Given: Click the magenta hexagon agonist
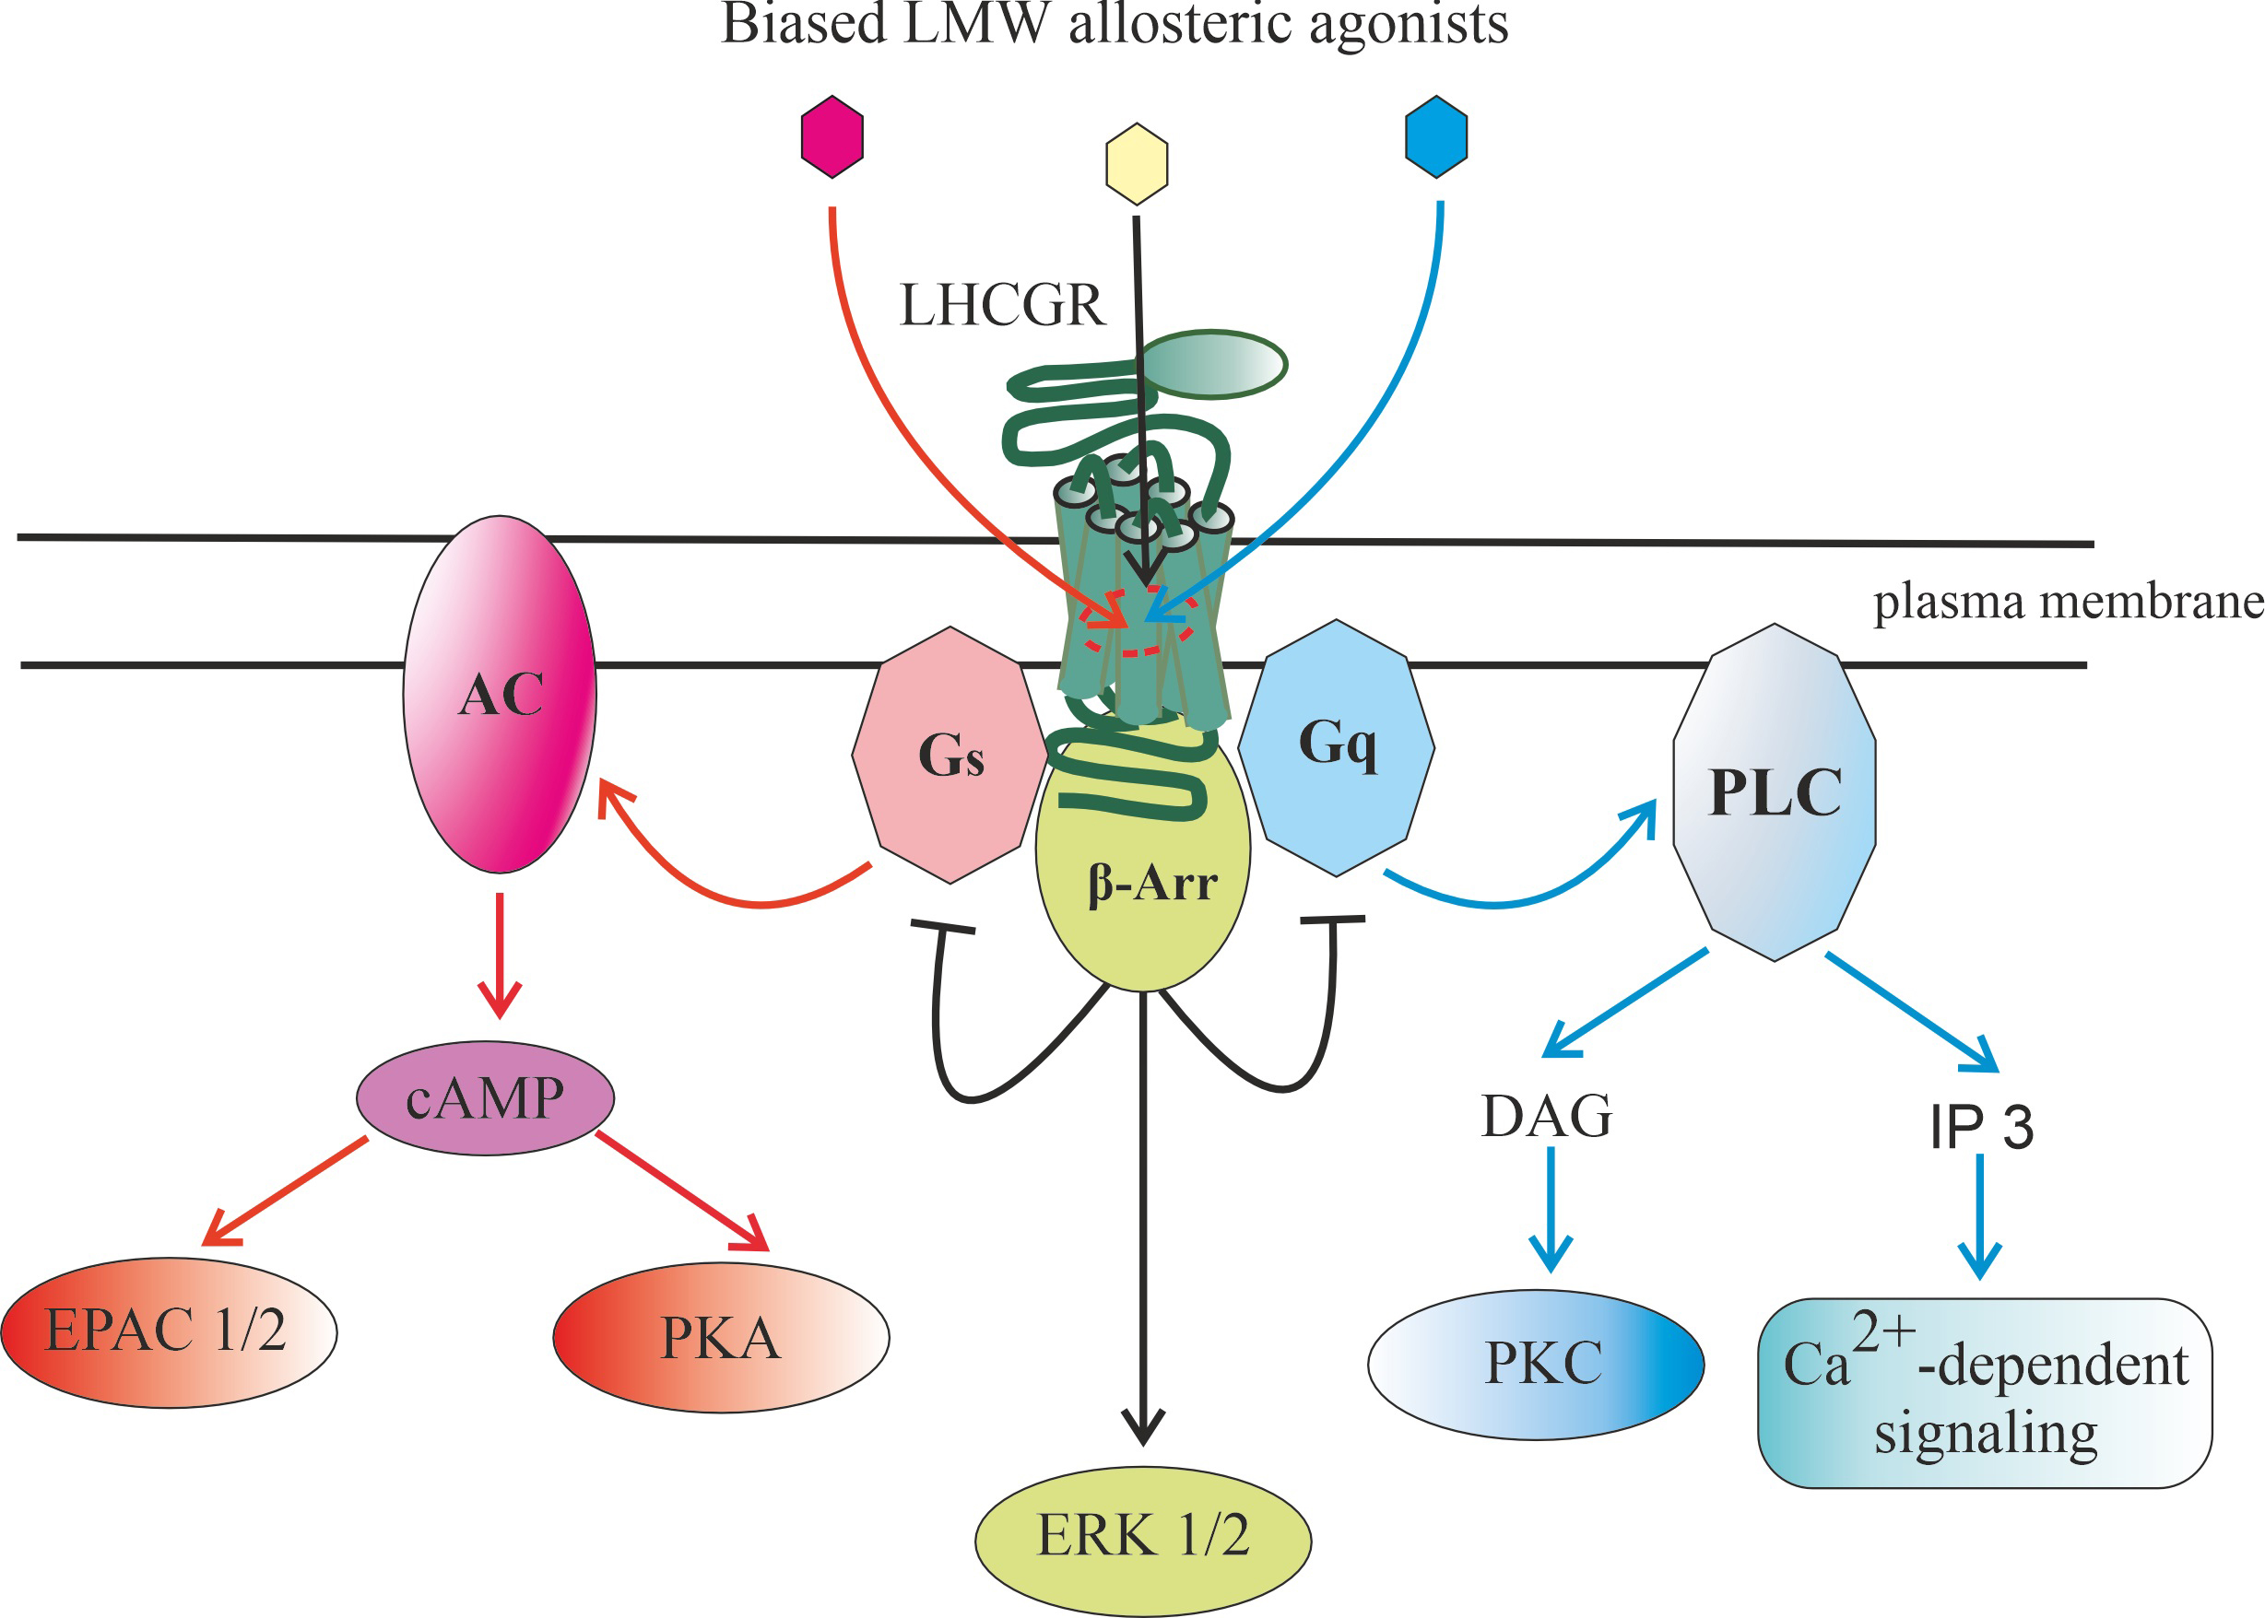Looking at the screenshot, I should (x=832, y=136).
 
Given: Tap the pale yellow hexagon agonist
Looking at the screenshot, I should (x=1136, y=163).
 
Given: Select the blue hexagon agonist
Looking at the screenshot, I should (x=1436, y=136).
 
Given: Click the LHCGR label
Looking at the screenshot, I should (x=1002, y=305).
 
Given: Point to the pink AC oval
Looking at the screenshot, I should (x=501, y=695).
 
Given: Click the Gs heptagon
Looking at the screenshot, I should (x=950, y=756).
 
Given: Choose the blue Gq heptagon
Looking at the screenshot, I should (x=1337, y=746).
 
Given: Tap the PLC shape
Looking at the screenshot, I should (x=1775, y=792).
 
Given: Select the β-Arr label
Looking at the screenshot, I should (x=1152, y=883).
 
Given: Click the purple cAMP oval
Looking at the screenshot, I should (x=485, y=1099).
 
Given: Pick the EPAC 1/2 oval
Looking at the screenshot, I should (x=169, y=1332).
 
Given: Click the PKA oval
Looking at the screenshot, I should (x=721, y=1338).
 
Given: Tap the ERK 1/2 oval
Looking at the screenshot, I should (x=1143, y=1535).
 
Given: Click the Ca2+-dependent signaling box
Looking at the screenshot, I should (x=1985, y=1394).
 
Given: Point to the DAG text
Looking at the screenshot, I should (x=1547, y=1116).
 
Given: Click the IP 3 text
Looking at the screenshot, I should (x=1981, y=1128).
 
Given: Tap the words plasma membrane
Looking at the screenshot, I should (x=2069, y=602).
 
